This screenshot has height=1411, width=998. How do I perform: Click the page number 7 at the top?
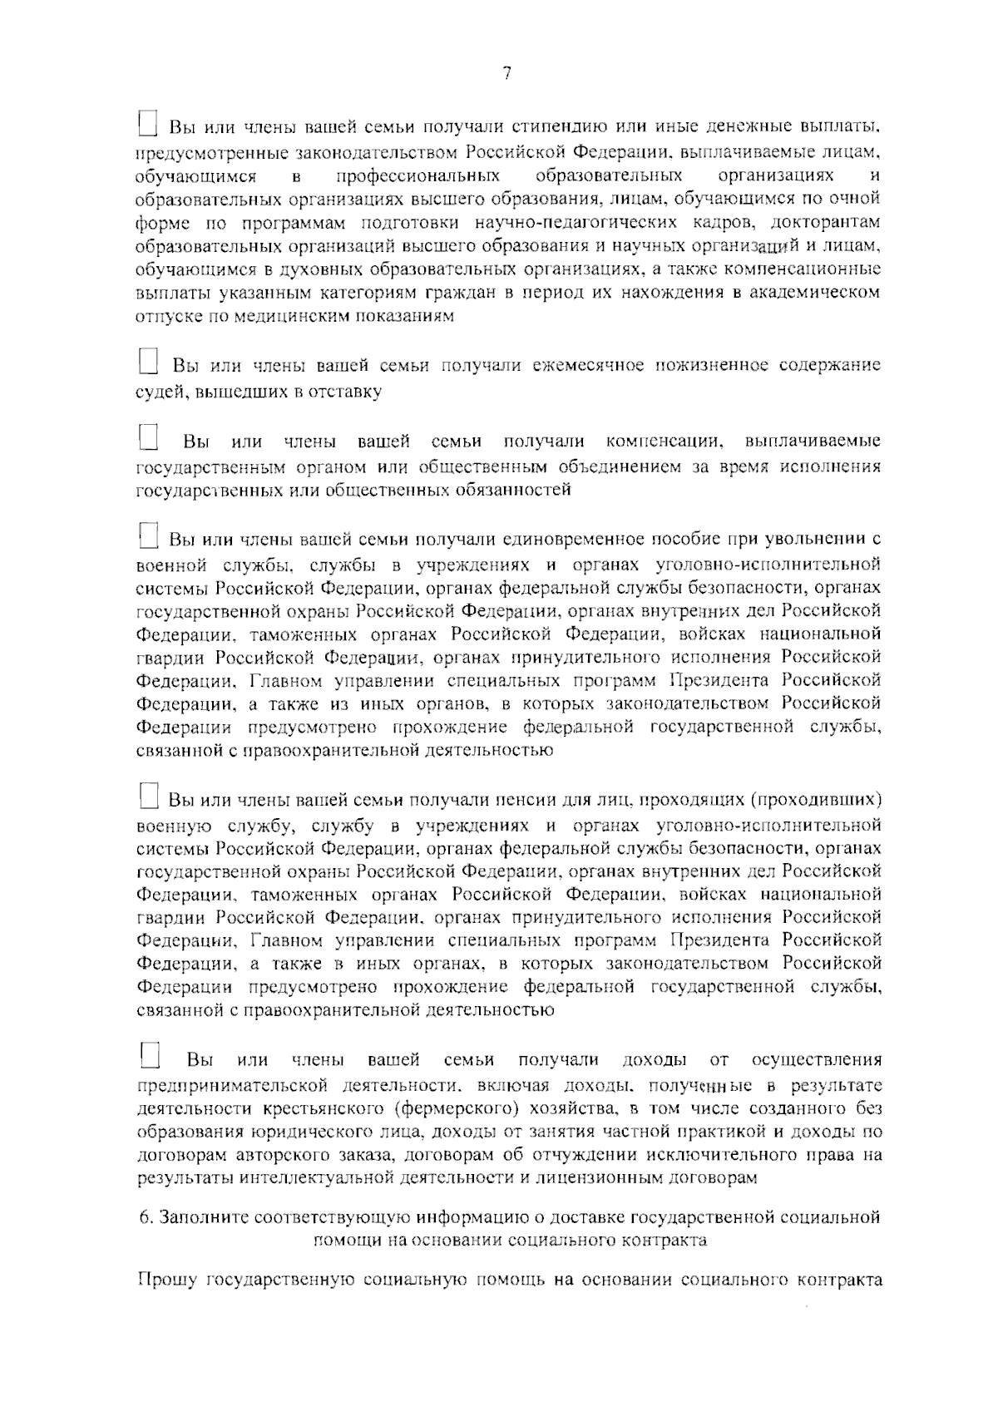[506, 73]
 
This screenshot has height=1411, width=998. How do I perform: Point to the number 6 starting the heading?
[143, 1218]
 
